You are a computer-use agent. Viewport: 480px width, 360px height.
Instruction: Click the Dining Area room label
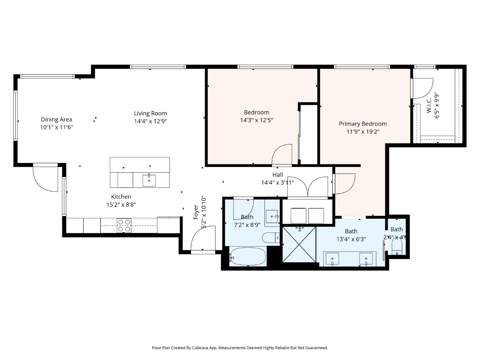click(56, 119)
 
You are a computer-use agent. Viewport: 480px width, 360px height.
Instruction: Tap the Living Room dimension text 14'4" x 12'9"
click(150, 121)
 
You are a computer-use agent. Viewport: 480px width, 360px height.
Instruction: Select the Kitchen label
click(121, 197)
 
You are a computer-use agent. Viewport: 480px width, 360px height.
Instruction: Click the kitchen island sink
click(149, 180)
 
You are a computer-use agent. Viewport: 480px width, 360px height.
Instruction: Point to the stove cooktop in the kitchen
click(124, 225)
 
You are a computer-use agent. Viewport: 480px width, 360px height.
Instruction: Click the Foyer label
click(196, 212)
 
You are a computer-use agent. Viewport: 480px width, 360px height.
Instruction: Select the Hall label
click(278, 175)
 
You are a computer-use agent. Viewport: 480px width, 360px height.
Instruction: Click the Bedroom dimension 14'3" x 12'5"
click(256, 120)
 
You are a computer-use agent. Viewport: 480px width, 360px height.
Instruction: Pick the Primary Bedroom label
click(363, 124)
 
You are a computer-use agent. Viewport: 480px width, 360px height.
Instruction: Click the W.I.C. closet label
click(429, 105)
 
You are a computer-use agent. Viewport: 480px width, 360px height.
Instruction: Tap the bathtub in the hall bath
click(248, 256)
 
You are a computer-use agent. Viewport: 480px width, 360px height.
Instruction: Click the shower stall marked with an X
click(299, 244)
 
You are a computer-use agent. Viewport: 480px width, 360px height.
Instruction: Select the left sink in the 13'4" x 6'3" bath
click(332, 259)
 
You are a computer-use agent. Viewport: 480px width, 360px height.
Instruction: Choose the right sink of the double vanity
click(366, 259)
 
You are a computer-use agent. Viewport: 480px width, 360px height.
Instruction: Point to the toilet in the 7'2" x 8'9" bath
click(270, 238)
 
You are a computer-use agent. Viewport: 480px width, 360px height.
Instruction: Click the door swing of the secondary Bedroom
click(282, 155)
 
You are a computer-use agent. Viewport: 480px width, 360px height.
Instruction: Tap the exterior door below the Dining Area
click(45, 178)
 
